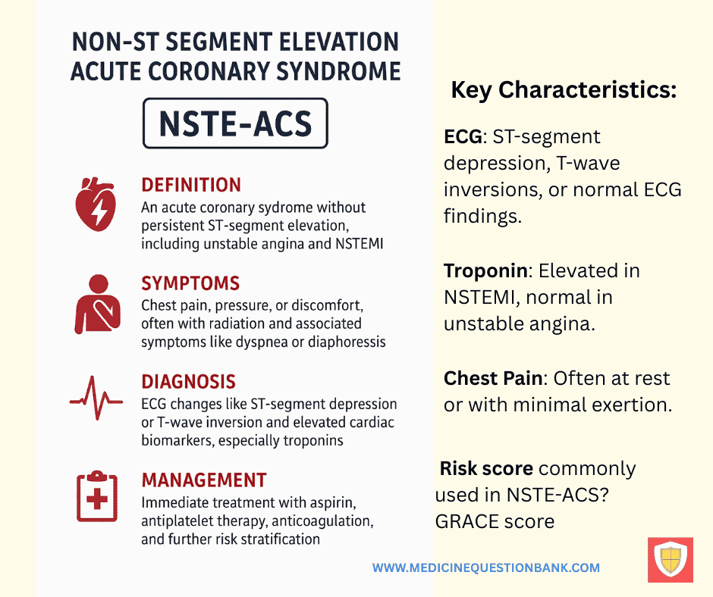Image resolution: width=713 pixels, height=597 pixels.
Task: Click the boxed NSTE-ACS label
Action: (235, 123)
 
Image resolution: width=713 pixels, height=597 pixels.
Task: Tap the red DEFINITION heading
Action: (191, 185)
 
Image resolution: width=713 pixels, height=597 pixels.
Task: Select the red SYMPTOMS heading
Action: (190, 283)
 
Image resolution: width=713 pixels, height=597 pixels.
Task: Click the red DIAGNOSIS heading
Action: (188, 382)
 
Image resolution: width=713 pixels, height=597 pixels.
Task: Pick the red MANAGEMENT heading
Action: (204, 480)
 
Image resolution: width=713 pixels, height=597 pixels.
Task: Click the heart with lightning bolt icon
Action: (96, 204)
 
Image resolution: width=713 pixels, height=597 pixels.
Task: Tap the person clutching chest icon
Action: (97, 304)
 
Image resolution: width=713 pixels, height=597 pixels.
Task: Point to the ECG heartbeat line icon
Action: (96, 398)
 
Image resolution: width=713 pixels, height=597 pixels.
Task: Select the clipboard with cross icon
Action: (97, 496)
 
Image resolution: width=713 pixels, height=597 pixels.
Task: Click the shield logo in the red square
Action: (671, 560)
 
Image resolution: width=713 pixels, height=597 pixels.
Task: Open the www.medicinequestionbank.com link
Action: (485, 567)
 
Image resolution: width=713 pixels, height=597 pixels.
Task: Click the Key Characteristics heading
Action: (564, 89)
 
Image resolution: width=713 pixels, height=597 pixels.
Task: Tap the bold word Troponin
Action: (485, 270)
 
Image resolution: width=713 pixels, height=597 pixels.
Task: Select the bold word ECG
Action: (463, 137)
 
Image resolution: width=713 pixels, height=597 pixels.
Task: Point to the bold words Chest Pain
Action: (493, 378)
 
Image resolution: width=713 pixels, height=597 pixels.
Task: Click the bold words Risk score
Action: (486, 468)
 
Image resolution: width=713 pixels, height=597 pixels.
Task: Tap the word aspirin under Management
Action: (333, 503)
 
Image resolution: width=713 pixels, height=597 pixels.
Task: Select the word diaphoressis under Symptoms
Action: (347, 342)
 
